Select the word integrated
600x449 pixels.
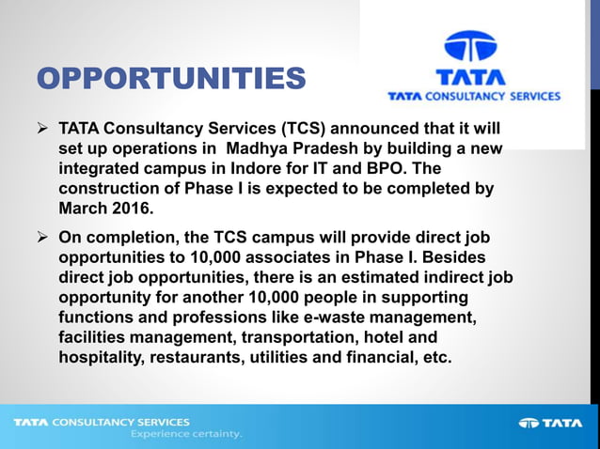click(101, 169)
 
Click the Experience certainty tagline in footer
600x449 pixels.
click(185, 435)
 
